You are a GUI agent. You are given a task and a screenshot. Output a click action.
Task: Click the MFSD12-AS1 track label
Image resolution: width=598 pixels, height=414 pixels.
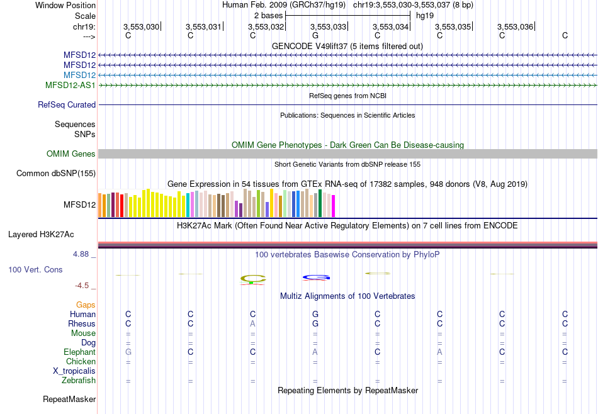(70, 85)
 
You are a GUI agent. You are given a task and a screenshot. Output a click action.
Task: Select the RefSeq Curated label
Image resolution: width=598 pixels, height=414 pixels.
(67, 105)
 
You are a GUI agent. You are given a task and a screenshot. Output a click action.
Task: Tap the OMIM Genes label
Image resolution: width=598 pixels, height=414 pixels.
(71, 154)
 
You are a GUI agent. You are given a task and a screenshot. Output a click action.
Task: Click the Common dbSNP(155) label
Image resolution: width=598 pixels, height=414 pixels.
(56, 174)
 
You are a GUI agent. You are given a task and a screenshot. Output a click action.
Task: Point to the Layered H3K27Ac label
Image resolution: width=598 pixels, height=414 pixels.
(41, 235)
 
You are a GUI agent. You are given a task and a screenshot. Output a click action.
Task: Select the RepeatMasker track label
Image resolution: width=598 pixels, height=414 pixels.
(69, 400)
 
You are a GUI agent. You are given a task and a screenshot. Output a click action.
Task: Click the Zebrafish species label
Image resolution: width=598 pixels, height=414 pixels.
(79, 381)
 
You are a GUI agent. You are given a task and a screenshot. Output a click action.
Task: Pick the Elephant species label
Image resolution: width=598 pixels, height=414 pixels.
(79, 352)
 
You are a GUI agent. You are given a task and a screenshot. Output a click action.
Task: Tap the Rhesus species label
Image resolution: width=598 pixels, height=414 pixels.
(82, 324)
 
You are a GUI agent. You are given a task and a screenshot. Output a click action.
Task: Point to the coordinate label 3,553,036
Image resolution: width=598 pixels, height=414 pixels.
(515, 26)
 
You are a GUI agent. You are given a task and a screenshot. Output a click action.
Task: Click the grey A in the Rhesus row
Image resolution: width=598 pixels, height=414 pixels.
(252, 324)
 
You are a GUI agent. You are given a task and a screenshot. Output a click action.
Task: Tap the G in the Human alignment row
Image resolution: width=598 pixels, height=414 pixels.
(315, 314)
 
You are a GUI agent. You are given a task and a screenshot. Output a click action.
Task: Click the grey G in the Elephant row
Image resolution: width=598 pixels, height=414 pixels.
(128, 352)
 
